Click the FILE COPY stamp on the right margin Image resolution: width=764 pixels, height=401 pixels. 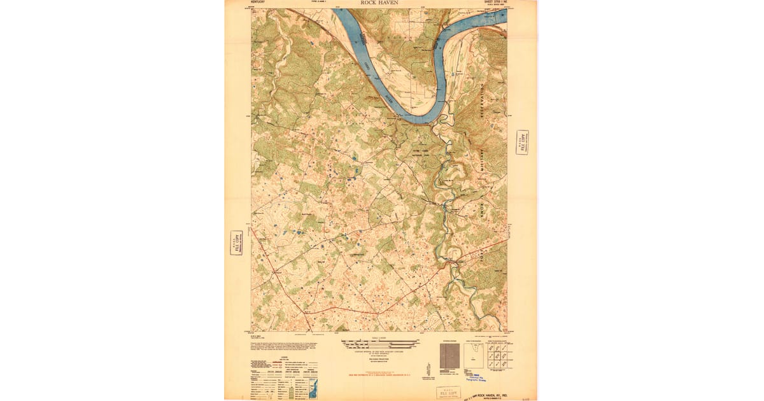522,143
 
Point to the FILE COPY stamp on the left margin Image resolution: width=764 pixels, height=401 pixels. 236,243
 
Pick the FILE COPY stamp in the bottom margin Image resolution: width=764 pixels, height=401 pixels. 449,392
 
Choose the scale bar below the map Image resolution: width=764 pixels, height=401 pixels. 381,344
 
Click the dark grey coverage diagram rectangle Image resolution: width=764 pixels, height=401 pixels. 448,355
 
